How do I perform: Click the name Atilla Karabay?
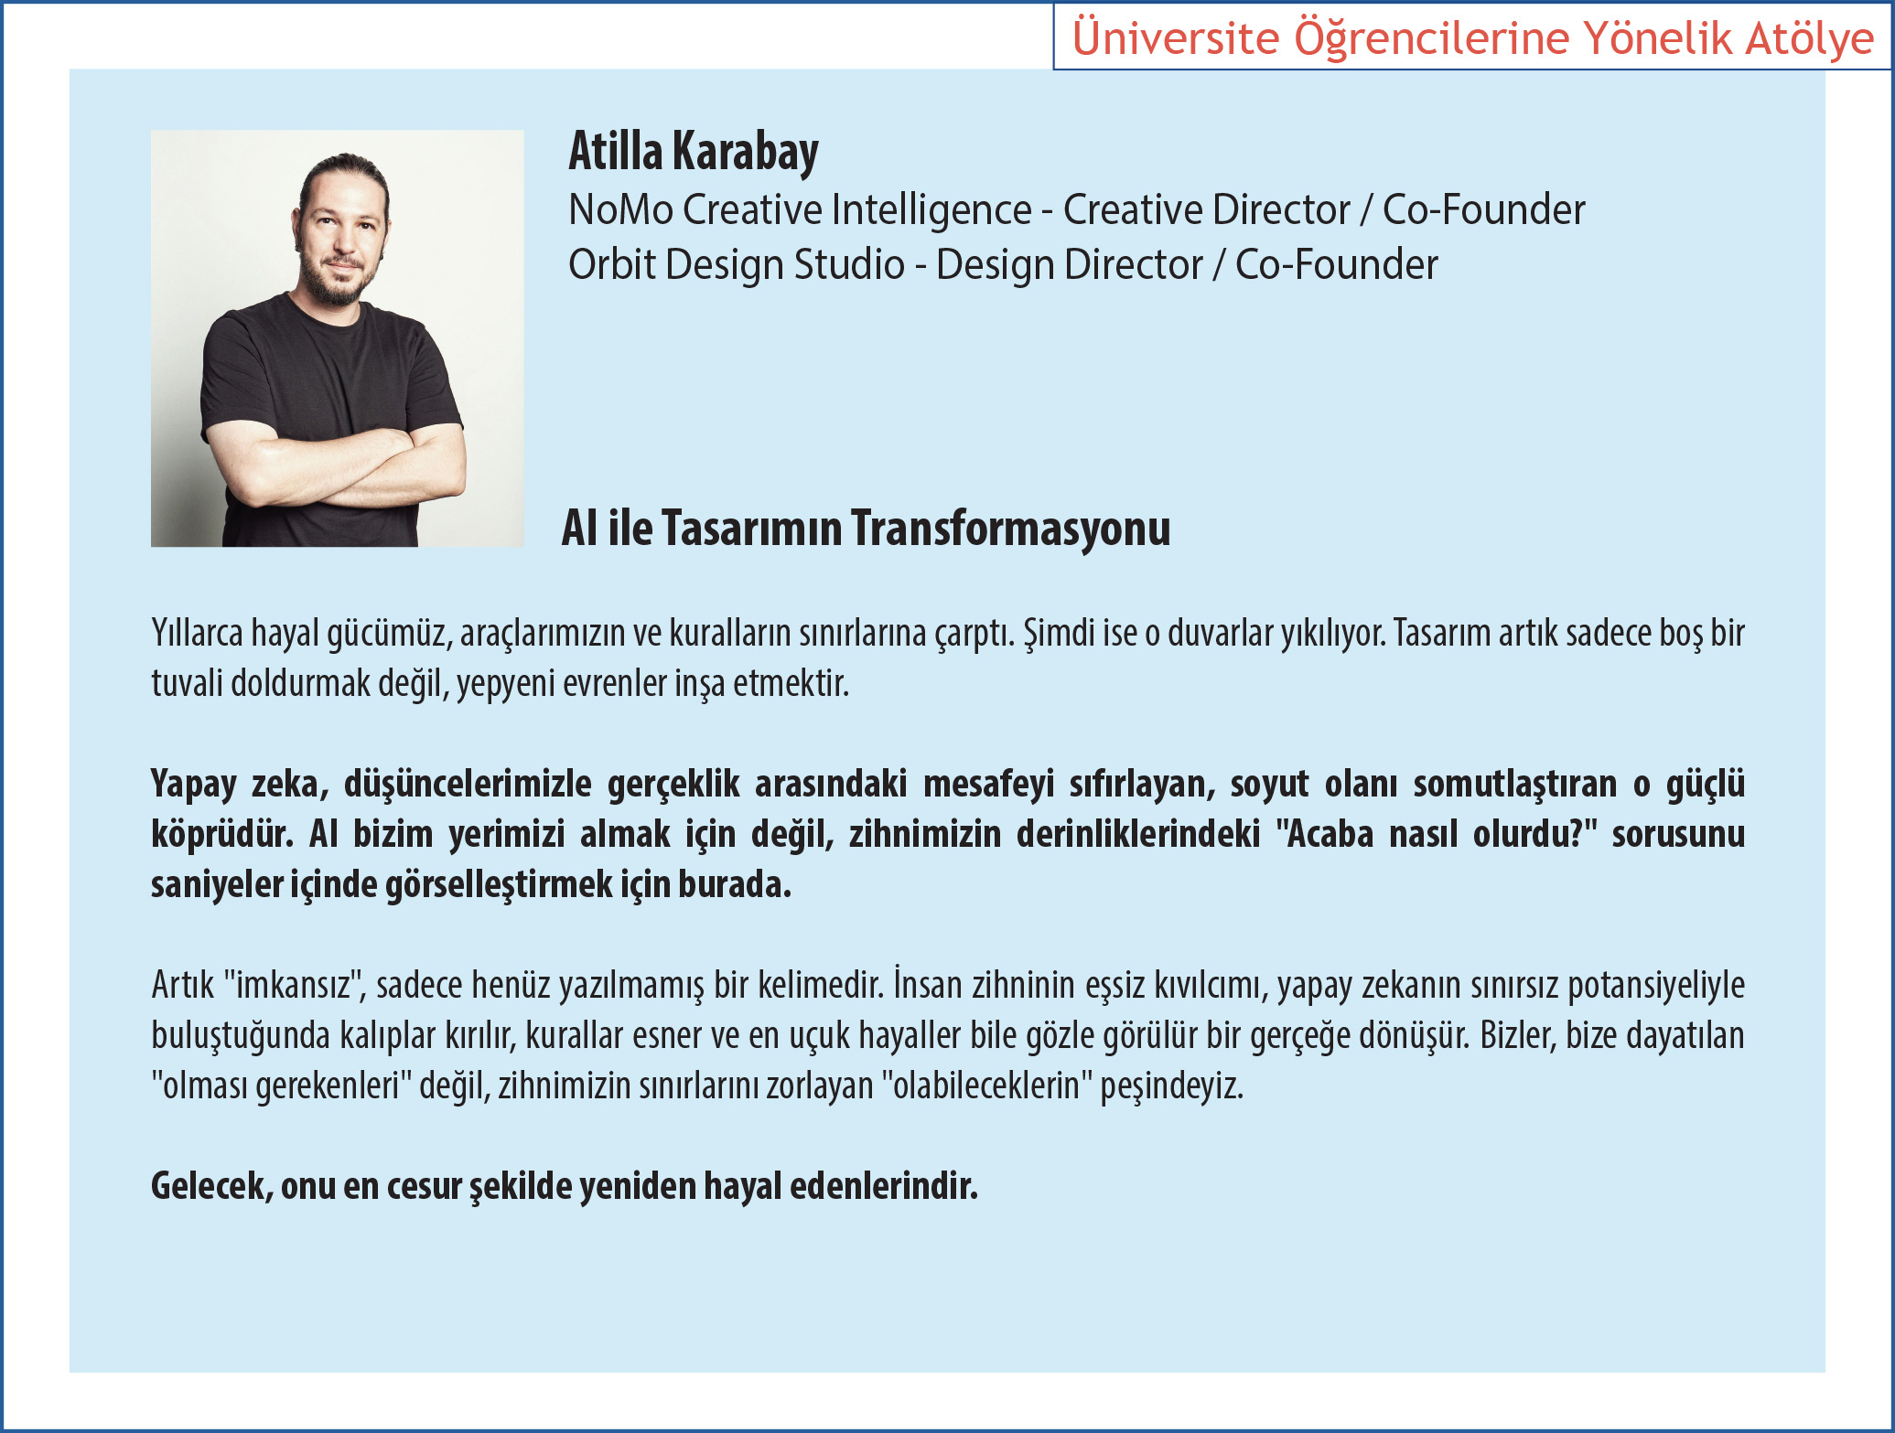click(x=694, y=152)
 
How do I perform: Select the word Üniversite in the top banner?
click(x=1176, y=37)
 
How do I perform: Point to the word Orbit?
click(x=612, y=264)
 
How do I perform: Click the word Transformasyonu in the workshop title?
click(x=1011, y=528)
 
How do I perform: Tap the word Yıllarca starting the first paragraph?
click(x=197, y=633)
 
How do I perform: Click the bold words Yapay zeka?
click(x=235, y=784)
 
